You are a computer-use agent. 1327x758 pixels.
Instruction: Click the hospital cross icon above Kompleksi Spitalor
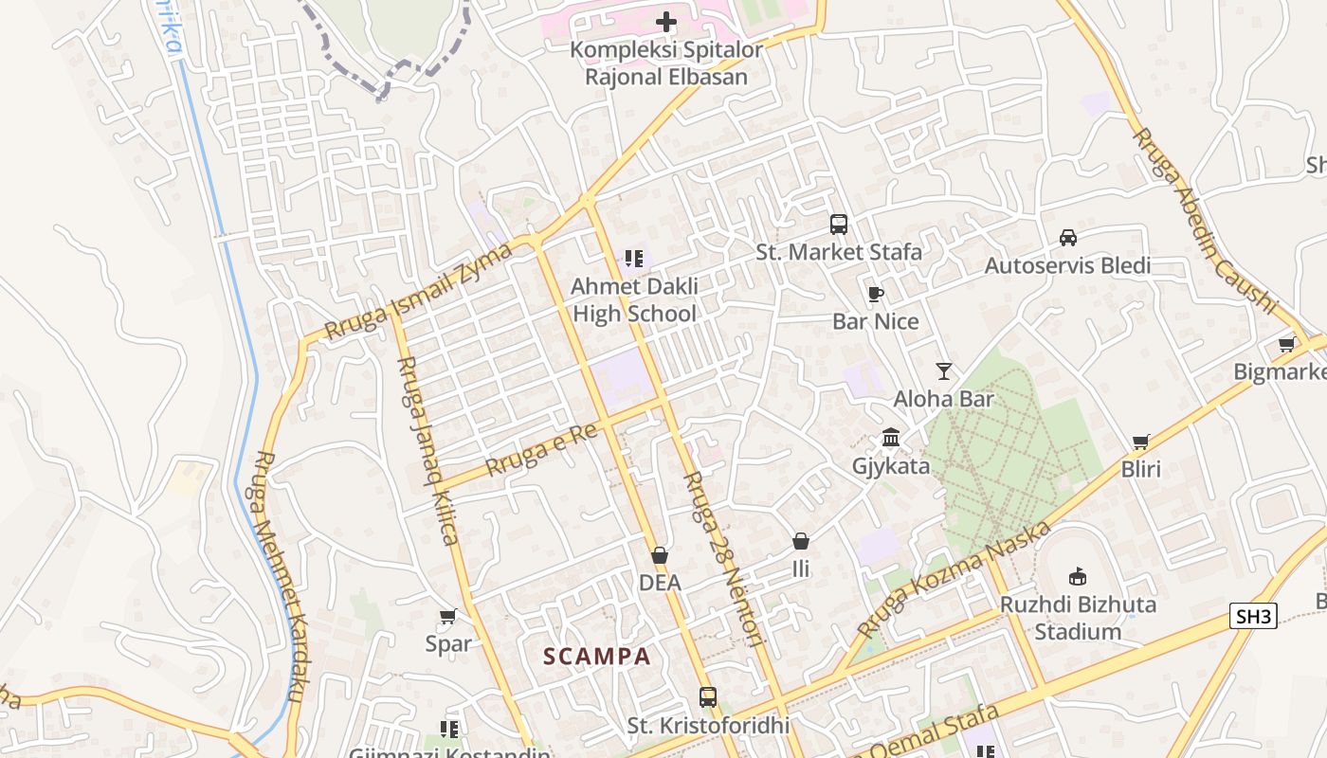pos(666,21)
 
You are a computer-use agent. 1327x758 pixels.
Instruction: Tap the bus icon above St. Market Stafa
pos(839,225)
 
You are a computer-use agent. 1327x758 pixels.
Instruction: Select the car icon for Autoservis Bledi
pos(1068,238)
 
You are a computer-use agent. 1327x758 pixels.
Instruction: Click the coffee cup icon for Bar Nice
pos(875,294)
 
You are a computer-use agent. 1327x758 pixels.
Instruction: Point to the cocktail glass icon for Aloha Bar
pos(943,370)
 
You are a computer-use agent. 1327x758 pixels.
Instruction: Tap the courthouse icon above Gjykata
pos(891,438)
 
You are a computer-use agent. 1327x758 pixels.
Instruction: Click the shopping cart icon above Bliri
pos(1141,442)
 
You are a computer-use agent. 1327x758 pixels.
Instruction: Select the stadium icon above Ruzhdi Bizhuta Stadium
pos(1077,576)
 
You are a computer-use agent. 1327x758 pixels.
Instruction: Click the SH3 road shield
pos(1253,617)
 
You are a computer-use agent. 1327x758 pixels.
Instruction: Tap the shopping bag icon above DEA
pos(660,555)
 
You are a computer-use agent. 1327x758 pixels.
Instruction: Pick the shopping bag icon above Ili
pos(801,541)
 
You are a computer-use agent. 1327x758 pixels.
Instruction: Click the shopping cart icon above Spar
pos(448,617)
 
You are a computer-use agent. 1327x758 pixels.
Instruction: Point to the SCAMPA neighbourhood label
pos(597,656)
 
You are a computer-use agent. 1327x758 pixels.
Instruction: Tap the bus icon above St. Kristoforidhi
pos(708,697)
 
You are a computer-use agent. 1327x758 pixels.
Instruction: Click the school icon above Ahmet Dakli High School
pos(634,258)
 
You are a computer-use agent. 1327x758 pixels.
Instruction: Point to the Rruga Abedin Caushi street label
pos(1205,219)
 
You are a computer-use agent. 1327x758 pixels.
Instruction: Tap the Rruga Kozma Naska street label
pos(954,578)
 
